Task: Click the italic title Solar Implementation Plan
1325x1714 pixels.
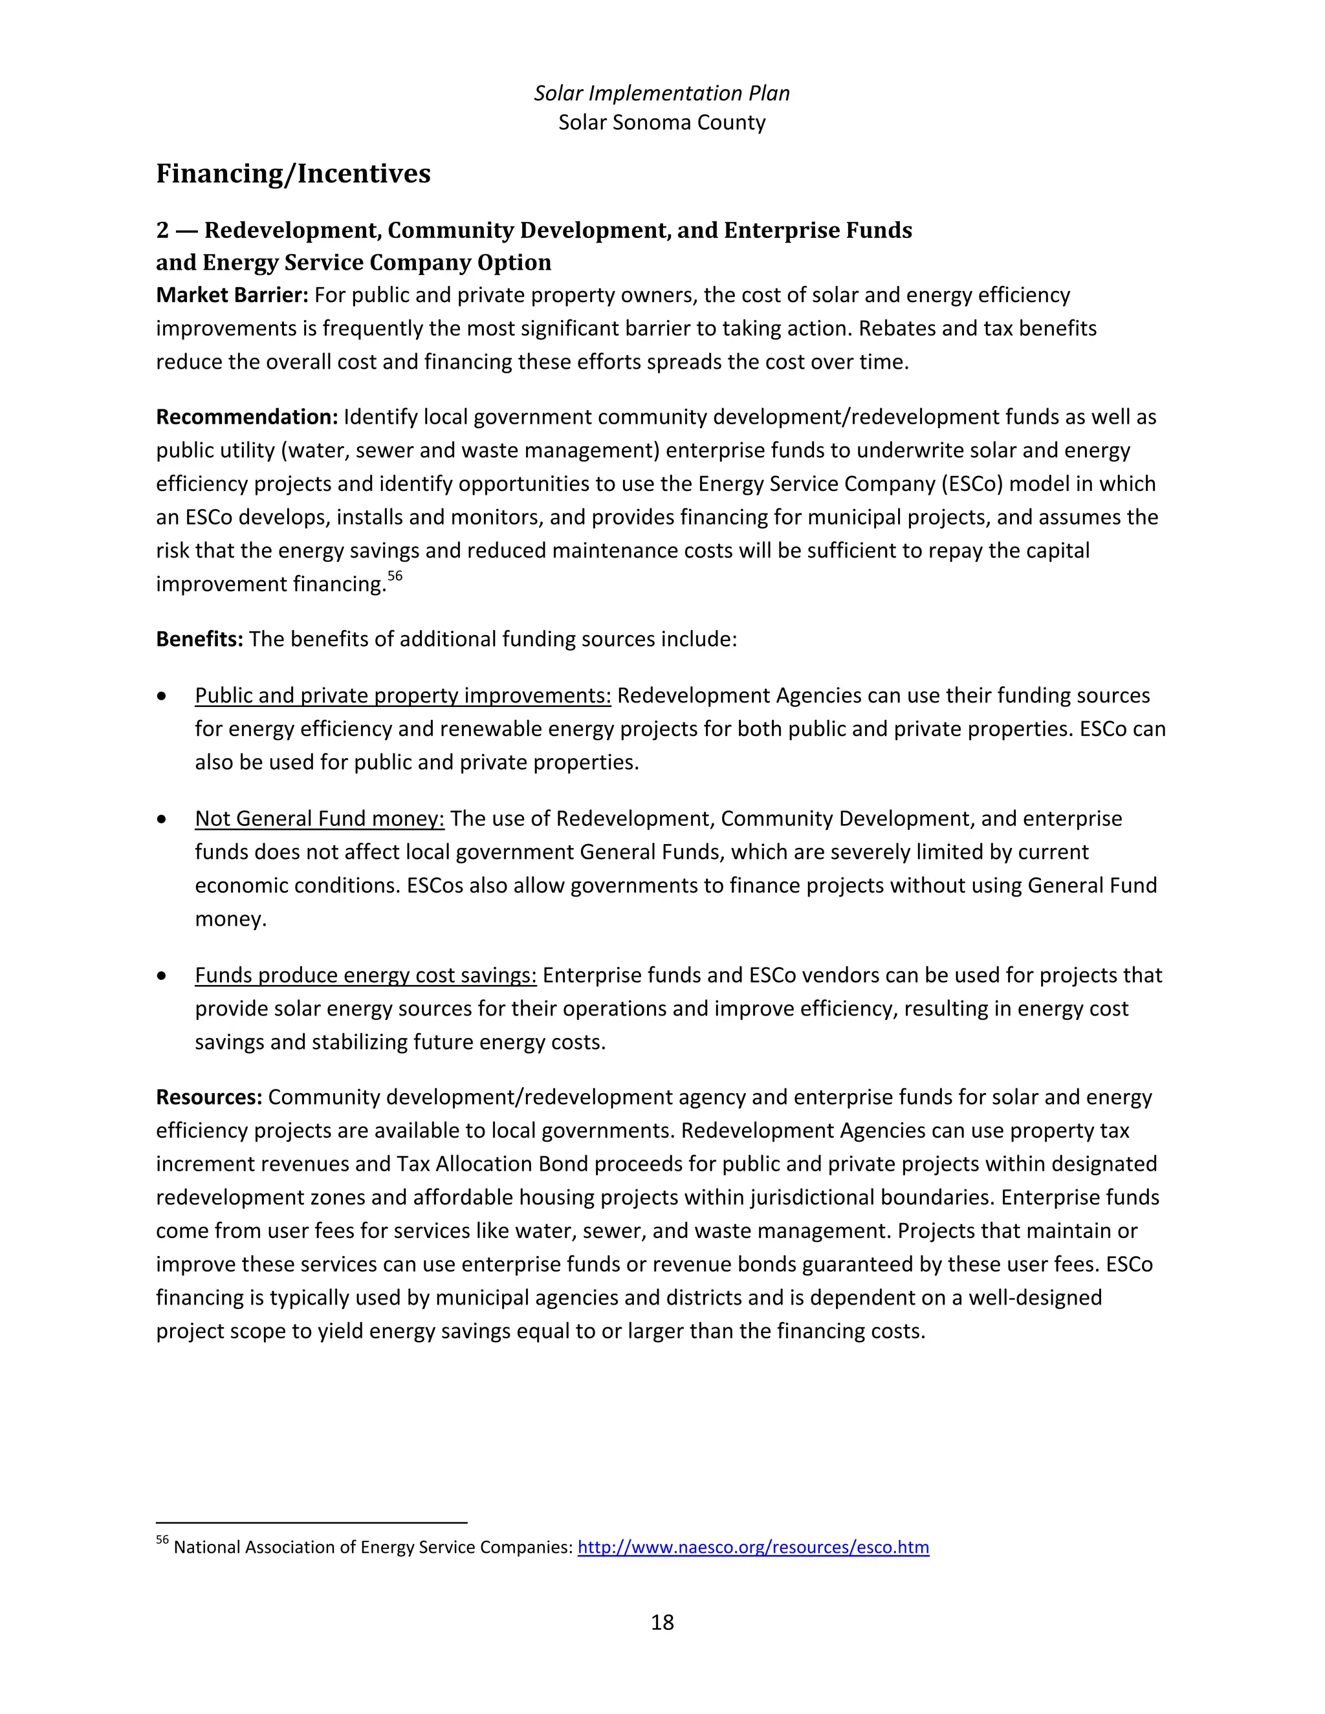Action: point(662,93)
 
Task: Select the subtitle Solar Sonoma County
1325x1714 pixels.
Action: point(662,122)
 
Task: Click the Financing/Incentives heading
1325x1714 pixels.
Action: point(293,173)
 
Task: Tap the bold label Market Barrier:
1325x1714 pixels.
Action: point(232,295)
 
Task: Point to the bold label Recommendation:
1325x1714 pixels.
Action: point(246,417)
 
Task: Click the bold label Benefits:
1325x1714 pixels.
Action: point(199,639)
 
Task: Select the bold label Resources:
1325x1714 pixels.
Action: point(209,1097)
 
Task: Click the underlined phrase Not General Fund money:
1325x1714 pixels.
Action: point(320,819)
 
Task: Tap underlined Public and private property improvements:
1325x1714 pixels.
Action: point(402,695)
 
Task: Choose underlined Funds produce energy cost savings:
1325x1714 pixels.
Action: point(366,975)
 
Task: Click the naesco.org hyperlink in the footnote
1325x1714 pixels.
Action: point(753,1547)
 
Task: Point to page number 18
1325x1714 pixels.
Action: point(662,1622)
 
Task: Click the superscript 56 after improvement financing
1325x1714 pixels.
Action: point(395,576)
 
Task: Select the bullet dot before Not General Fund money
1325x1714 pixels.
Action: point(162,819)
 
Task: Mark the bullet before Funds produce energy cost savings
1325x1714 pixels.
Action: point(162,975)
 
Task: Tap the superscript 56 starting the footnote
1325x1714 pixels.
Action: point(162,1540)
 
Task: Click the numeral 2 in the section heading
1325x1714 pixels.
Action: point(162,230)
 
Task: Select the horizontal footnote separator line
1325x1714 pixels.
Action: point(312,1523)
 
